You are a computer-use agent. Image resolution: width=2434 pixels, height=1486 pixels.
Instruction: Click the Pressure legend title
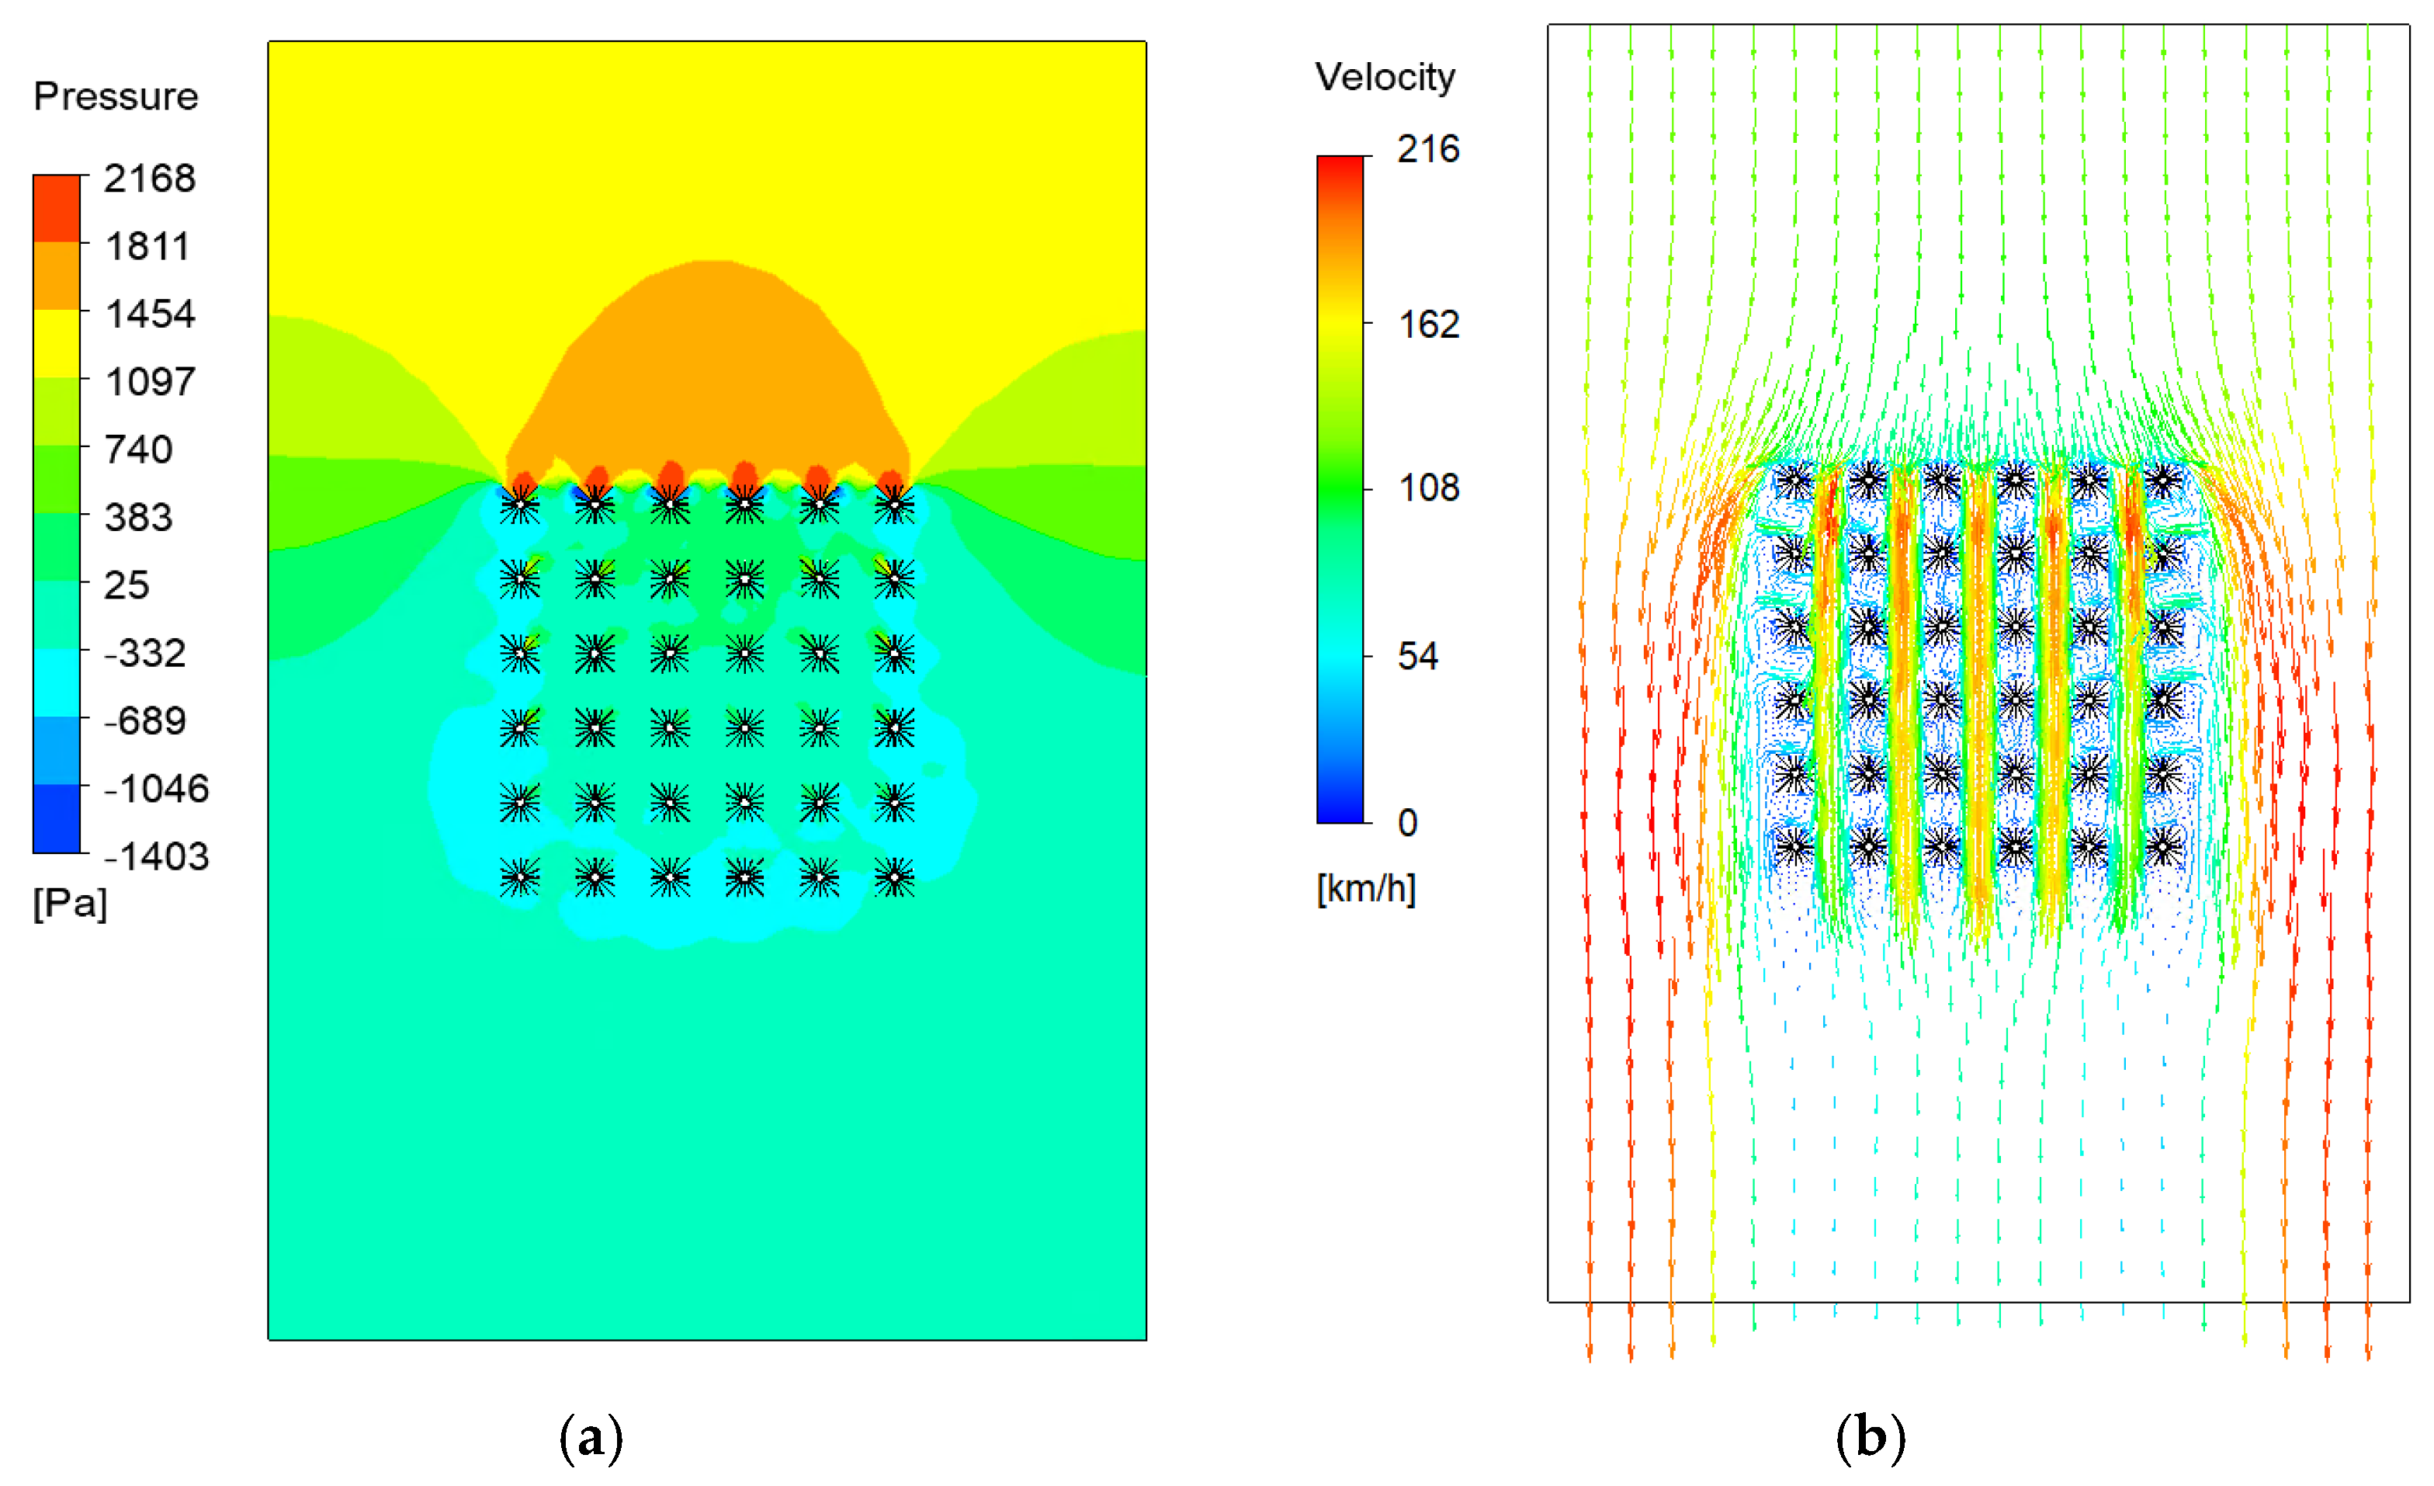(x=116, y=95)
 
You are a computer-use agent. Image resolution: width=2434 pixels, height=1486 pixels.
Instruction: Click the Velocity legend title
(x=1385, y=77)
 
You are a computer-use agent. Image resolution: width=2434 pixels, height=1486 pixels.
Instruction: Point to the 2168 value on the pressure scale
(x=150, y=179)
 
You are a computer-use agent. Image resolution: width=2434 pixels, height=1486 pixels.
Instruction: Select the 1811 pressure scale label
(x=147, y=246)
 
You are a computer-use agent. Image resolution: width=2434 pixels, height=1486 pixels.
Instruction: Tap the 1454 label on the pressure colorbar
(x=150, y=314)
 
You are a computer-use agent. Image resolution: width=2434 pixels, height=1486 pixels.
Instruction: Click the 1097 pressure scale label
(x=150, y=381)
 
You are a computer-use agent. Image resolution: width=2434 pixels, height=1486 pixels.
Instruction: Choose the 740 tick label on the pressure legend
(x=138, y=450)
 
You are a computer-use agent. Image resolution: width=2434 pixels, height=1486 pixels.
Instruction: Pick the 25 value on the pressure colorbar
(x=127, y=585)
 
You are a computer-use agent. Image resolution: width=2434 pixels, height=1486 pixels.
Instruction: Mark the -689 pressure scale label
(x=145, y=721)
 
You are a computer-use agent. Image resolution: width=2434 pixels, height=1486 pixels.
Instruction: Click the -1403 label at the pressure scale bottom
(x=156, y=856)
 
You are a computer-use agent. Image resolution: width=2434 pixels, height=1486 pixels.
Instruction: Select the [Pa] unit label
(x=69, y=903)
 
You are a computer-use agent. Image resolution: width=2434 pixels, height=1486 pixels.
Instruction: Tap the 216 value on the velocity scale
(x=1427, y=149)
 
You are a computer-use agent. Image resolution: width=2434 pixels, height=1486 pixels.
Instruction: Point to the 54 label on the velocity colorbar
(x=1417, y=656)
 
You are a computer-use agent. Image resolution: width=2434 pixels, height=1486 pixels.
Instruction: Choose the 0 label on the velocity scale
(x=1408, y=823)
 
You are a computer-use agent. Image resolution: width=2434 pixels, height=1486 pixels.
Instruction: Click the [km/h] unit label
(x=1365, y=889)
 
